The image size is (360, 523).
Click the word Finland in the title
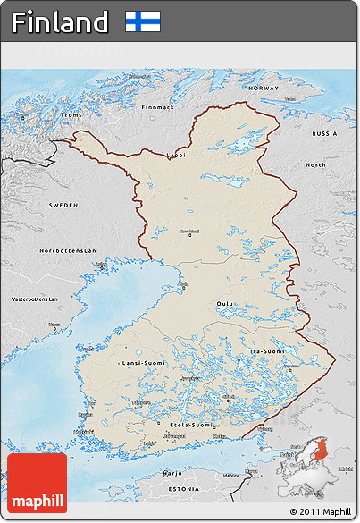pos(61,21)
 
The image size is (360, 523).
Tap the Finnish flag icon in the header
pos(143,21)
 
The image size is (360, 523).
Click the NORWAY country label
pos(264,89)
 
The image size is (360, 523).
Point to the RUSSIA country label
pos(324,133)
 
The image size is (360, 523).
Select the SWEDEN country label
pos(63,205)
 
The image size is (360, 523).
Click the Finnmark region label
pos(158,106)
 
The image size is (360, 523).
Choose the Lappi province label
pos(177,155)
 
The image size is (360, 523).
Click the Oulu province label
pos(224,303)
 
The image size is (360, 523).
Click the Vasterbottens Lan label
pos(34,299)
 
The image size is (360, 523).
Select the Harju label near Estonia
pos(172,472)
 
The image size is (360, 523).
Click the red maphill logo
pos(37,483)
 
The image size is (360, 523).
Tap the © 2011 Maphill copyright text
pos(320,511)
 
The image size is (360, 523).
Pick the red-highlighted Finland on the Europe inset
pos(321,466)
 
